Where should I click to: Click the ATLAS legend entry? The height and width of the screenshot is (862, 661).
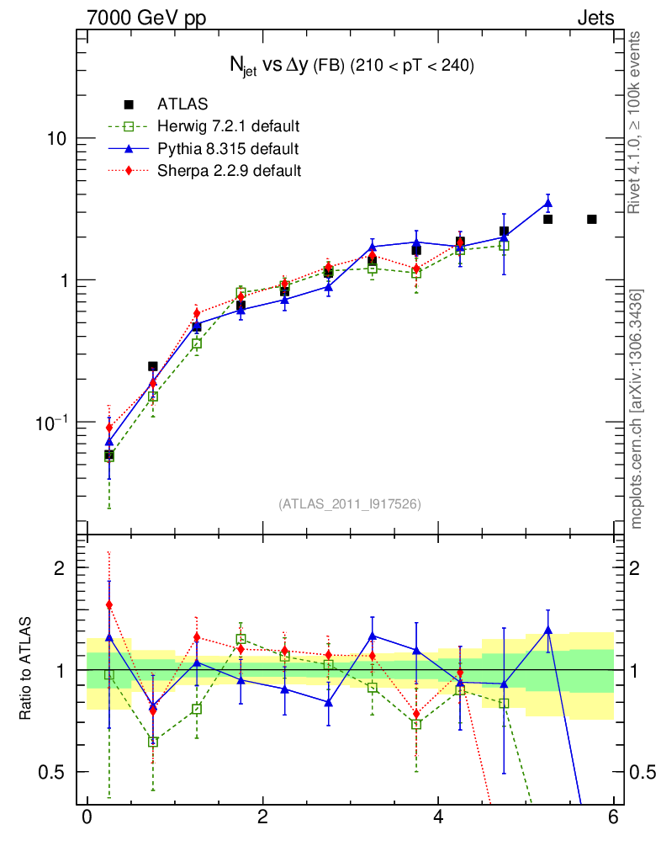pyautogui.click(x=182, y=104)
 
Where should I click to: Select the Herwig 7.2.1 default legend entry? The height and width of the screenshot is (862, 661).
pyautogui.click(x=228, y=126)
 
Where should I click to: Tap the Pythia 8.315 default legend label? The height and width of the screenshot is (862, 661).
pyautogui.click(x=227, y=149)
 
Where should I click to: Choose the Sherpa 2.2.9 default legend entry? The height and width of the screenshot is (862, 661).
pyautogui.click(x=229, y=171)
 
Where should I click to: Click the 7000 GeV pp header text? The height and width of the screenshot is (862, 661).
pyautogui.click(x=146, y=19)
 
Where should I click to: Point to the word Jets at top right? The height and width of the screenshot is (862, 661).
pyautogui.click(x=595, y=19)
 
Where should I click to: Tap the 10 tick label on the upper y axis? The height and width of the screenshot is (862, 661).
pyautogui.click(x=57, y=138)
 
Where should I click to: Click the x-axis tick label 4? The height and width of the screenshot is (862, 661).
pyautogui.click(x=438, y=817)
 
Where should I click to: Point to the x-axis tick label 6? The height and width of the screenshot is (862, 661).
pyautogui.click(x=614, y=817)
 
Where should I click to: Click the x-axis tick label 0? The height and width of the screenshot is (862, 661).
pyautogui.click(x=87, y=817)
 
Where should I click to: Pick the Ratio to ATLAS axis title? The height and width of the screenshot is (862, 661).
pyautogui.click(x=26, y=668)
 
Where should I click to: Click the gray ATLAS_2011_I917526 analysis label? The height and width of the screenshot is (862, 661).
pyautogui.click(x=350, y=503)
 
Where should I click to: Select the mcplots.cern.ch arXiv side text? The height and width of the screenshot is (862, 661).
pyautogui.click(x=637, y=410)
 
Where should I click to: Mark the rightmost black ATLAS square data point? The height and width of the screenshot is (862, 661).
pyautogui.click(x=592, y=219)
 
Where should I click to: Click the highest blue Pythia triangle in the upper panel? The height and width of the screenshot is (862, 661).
pyautogui.click(x=548, y=203)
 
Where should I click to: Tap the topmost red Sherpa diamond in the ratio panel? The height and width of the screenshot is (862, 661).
pyautogui.click(x=109, y=604)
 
